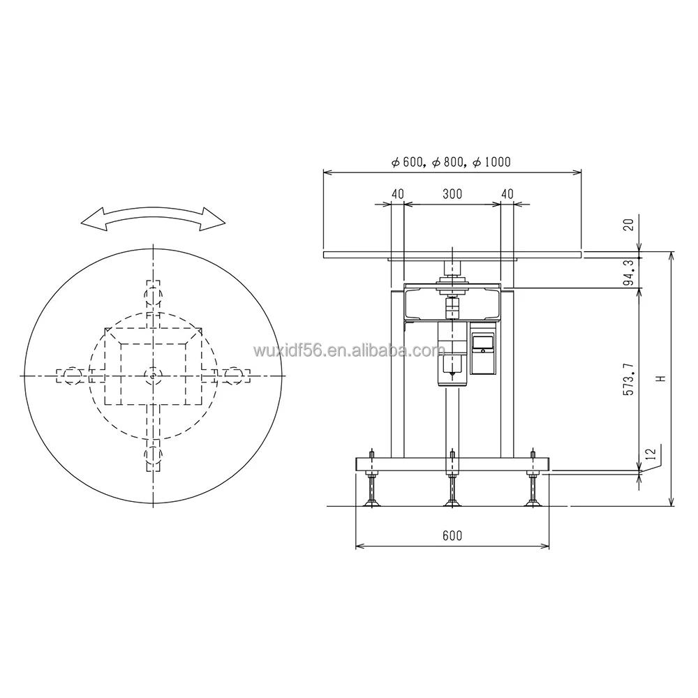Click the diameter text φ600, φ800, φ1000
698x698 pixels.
[451, 162]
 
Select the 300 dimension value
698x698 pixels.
[452, 195]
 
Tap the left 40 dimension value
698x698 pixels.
[397, 195]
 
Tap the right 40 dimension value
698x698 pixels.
[507, 195]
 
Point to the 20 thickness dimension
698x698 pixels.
[628, 225]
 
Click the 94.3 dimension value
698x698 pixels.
[628, 272]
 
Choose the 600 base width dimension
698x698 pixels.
[452, 536]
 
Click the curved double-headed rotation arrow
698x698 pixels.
[154, 218]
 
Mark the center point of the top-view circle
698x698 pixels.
[153, 376]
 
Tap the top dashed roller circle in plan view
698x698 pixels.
[153, 296]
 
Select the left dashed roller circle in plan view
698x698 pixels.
[72, 376]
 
